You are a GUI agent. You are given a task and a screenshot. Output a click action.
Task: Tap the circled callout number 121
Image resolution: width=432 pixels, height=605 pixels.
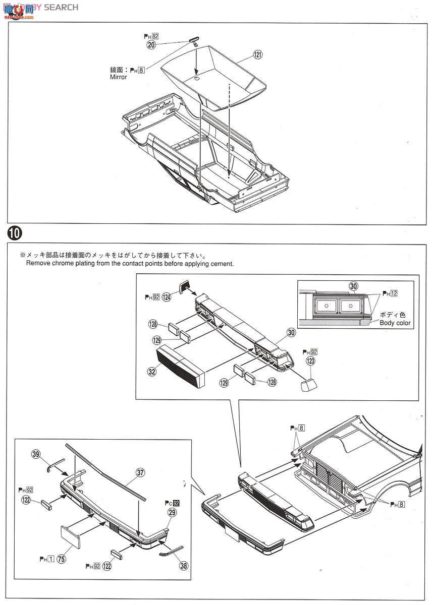(x=258, y=54)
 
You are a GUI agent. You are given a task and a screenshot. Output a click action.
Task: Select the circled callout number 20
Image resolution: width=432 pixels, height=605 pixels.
(x=151, y=44)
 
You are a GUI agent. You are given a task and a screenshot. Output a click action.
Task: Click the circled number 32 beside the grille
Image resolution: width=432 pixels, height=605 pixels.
(x=151, y=372)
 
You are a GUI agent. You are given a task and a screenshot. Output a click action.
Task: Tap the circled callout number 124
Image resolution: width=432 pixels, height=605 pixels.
(x=167, y=297)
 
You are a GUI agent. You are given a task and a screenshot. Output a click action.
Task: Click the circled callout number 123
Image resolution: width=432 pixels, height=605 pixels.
(x=310, y=361)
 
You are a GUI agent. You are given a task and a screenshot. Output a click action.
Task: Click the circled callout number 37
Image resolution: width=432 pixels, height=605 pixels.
(x=140, y=472)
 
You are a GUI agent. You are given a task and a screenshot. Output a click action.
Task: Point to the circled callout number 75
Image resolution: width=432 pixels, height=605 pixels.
(x=62, y=558)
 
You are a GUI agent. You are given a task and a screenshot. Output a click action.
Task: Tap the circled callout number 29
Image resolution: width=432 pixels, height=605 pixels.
(x=172, y=512)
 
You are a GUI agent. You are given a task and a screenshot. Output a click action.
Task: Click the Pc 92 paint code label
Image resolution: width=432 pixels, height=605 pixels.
(x=172, y=503)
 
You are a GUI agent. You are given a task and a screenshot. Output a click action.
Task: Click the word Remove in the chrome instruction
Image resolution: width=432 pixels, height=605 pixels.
(x=40, y=263)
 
